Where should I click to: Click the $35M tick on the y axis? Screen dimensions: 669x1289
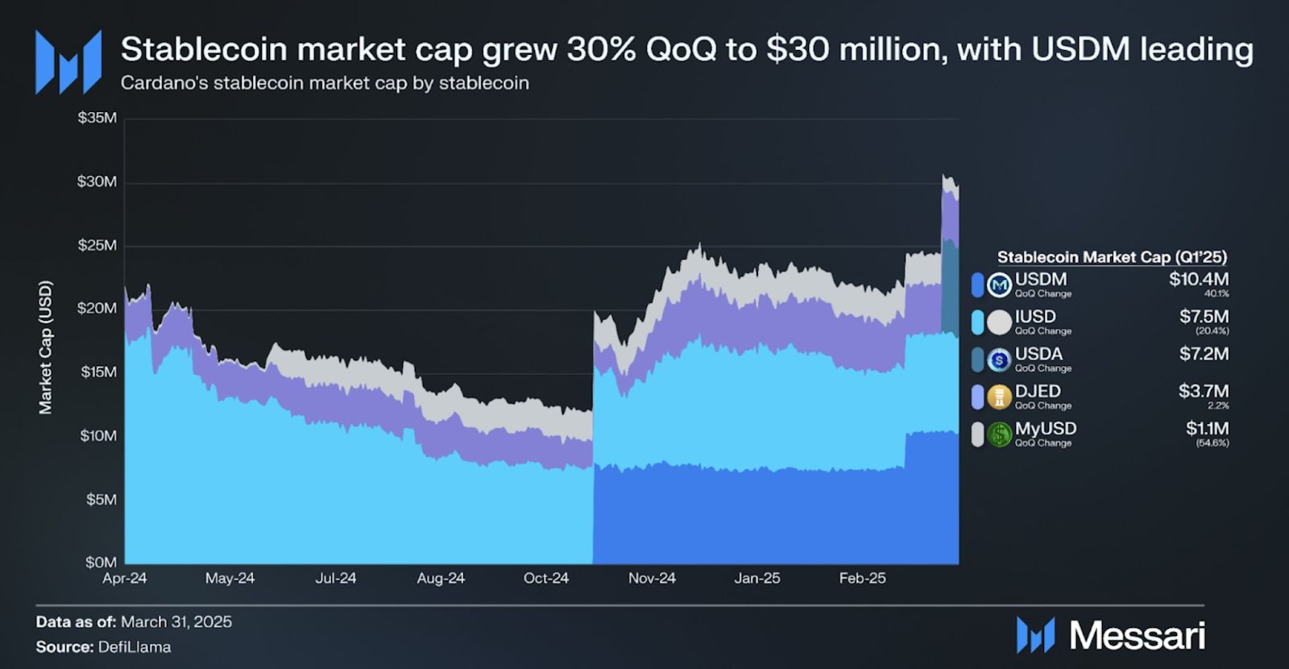coord(97,118)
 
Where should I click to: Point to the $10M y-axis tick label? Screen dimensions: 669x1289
coord(97,436)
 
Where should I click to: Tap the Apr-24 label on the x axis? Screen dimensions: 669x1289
coord(125,579)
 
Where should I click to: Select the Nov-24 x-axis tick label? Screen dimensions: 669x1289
coord(652,579)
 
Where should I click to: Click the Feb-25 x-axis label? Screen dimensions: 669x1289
coord(862,579)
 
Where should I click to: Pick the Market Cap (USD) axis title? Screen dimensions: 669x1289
coord(46,347)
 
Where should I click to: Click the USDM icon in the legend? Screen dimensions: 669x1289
coord(1000,285)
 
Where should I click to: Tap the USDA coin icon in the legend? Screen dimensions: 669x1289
coord(1000,359)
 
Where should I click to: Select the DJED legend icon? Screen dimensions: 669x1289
coord(1000,397)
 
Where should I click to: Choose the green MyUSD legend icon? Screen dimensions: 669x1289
coord(1000,435)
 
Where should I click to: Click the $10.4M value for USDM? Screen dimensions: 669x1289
coord(1199,280)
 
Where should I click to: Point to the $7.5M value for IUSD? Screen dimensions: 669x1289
coord(1204,317)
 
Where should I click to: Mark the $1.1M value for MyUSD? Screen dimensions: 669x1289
coord(1207,429)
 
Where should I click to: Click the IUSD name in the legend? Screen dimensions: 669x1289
coord(1035,317)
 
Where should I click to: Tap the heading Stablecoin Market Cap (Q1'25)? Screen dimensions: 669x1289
coord(1112,257)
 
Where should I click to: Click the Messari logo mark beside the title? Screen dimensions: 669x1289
coord(68,61)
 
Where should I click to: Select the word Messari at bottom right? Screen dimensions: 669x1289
coord(1138,636)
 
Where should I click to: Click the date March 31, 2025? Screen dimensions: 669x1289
coord(176,622)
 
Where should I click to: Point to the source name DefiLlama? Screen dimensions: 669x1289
coord(135,647)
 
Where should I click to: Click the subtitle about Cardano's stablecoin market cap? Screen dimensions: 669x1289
coord(325,83)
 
